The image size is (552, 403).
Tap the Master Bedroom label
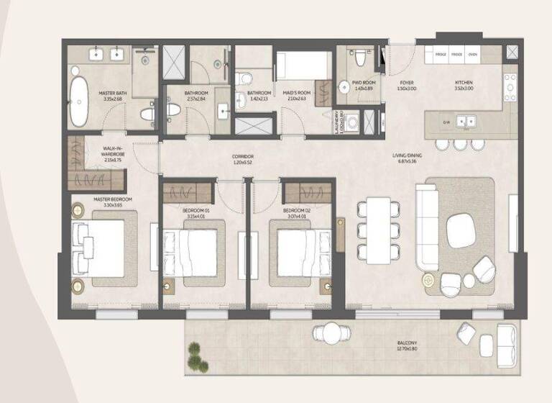click(x=112, y=201)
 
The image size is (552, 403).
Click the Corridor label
click(x=242, y=159)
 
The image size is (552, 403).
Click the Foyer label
click(x=407, y=86)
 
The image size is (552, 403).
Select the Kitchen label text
click(x=464, y=86)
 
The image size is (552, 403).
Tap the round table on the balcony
click(x=331, y=333)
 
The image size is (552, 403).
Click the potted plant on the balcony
click(x=195, y=354)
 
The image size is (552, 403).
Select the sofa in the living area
click(x=427, y=227)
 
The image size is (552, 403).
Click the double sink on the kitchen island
click(x=467, y=122)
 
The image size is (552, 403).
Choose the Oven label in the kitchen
click(x=473, y=54)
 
